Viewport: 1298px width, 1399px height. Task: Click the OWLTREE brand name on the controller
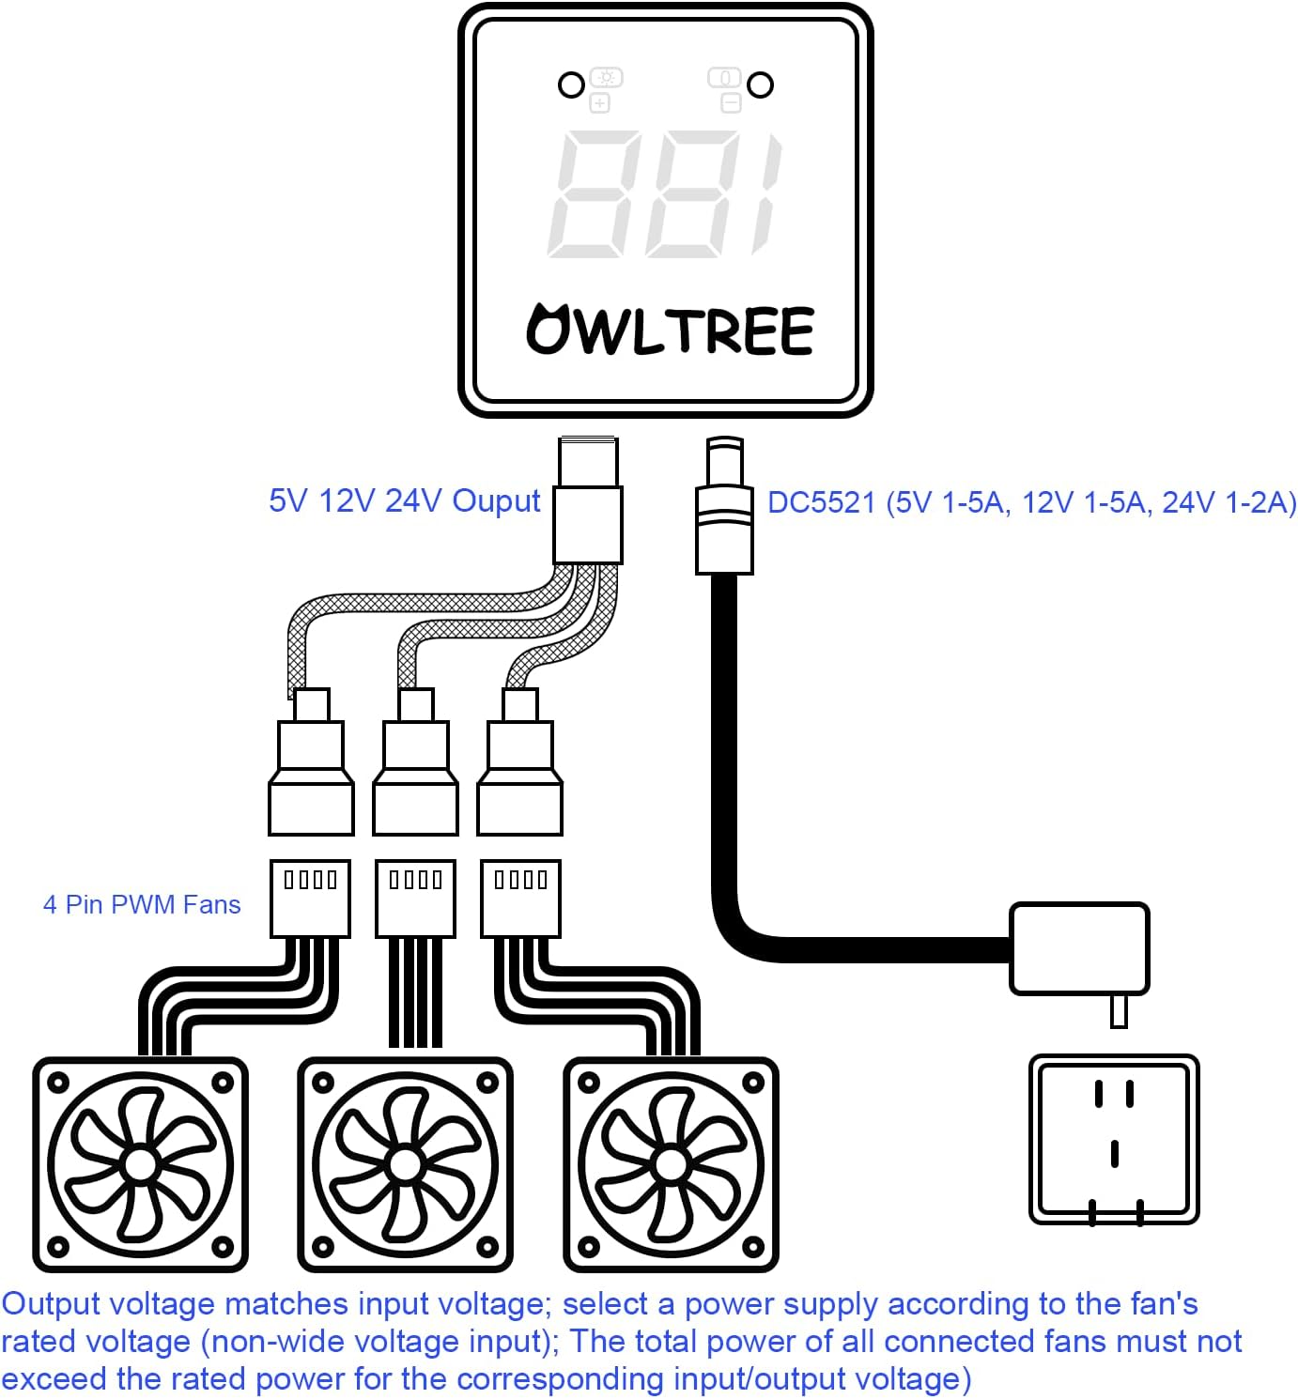[670, 329]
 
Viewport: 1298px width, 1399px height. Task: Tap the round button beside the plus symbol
[571, 85]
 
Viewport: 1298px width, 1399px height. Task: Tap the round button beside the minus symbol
[760, 85]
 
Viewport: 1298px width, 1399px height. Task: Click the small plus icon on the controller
[599, 103]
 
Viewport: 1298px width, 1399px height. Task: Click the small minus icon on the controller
[731, 103]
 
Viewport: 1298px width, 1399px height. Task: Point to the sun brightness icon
[606, 78]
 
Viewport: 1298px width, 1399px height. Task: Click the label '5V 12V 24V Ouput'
[405, 501]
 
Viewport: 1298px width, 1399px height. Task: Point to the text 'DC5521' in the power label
[821, 503]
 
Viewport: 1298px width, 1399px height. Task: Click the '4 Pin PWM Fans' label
[142, 904]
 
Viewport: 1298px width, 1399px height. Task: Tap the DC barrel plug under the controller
[724, 505]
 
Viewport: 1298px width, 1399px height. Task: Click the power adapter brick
[1079, 949]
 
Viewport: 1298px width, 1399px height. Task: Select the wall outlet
[1114, 1140]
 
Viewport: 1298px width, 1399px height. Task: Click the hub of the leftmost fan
[140, 1164]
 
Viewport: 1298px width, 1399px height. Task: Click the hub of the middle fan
[405, 1164]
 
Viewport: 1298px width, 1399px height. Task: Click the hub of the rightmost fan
[671, 1164]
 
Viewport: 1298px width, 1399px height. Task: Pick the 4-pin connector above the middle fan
[416, 899]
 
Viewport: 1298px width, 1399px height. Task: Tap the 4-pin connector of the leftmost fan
[311, 899]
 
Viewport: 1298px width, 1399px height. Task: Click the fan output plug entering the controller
[588, 500]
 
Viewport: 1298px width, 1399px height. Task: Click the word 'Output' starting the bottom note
[51, 1304]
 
